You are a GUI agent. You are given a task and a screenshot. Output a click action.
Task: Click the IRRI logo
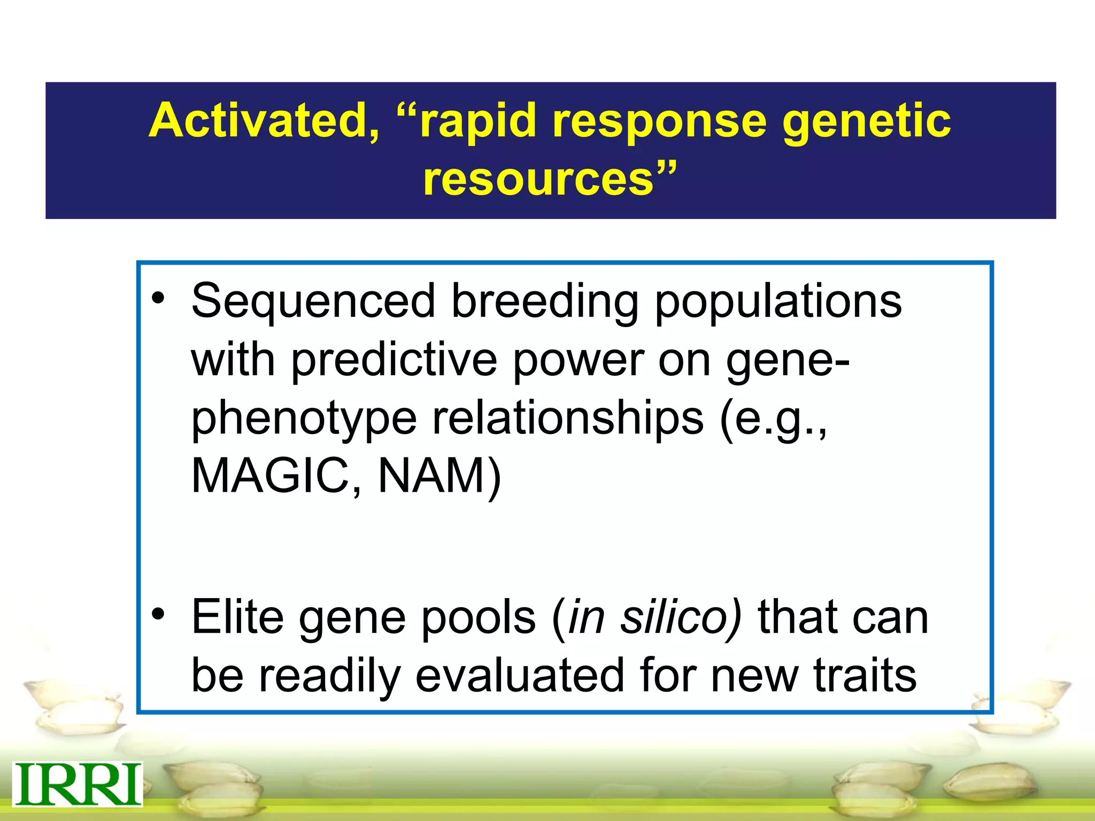click(78, 784)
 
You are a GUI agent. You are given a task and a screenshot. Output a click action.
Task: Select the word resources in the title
click(538, 179)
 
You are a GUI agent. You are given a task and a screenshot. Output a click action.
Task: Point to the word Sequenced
click(313, 301)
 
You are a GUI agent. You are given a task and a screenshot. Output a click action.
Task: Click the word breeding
click(545, 301)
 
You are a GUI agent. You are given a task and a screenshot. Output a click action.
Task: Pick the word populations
click(778, 301)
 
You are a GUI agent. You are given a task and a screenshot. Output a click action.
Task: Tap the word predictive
click(394, 360)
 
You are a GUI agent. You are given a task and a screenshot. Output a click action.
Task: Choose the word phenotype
click(304, 419)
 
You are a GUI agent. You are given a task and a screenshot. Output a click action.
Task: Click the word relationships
click(568, 419)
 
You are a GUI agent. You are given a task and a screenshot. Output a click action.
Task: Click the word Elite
click(237, 617)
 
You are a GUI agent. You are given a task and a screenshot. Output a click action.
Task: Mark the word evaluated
click(520, 675)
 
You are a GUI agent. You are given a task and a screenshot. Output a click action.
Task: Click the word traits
click(865, 675)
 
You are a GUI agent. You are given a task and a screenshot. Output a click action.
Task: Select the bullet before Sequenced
click(158, 298)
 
